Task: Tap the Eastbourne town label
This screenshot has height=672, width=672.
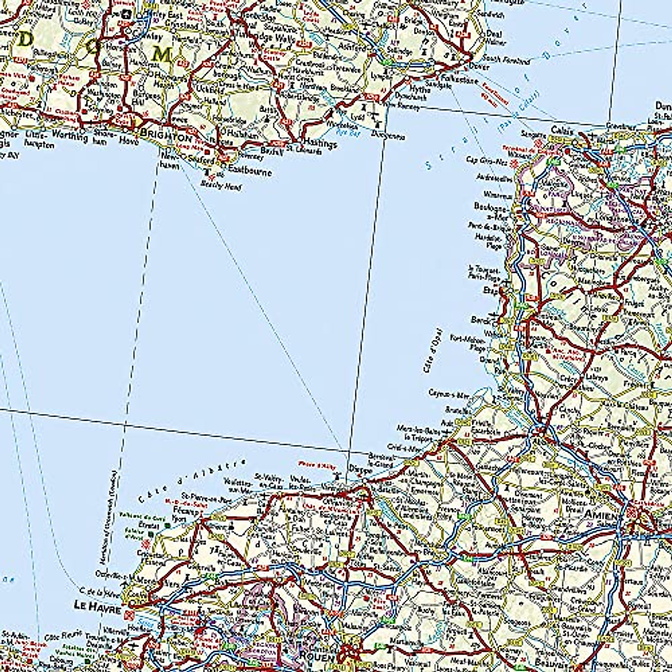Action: tap(249, 170)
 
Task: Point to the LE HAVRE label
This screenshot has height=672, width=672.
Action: tap(97, 605)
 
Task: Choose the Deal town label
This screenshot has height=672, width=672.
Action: tap(494, 34)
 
